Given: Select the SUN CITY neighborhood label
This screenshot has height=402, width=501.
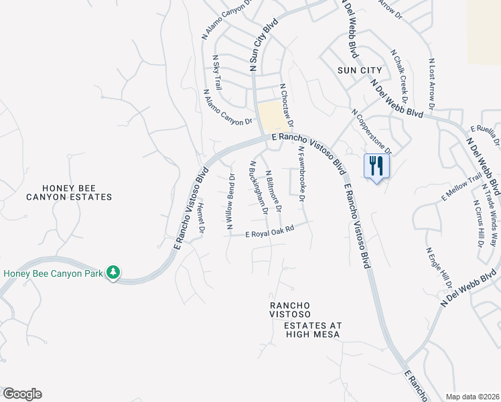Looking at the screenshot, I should pyautogui.click(x=360, y=70).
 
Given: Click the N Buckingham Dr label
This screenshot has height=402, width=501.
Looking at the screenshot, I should pyautogui.click(x=258, y=187).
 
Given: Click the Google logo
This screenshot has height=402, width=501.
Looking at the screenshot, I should pyautogui.click(x=21, y=394).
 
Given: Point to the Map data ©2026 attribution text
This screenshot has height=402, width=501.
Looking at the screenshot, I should pyautogui.click(x=472, y=397).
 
